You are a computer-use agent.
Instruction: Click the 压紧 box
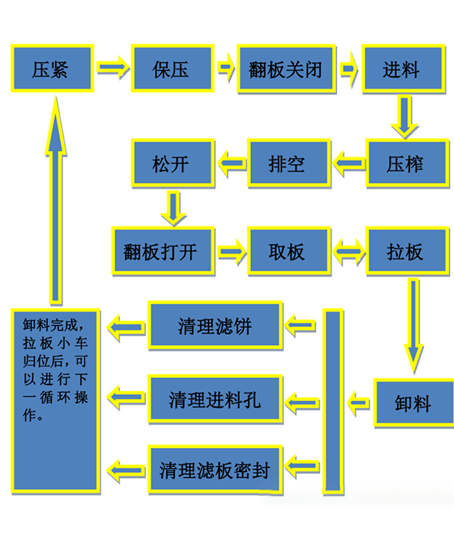point(52,68)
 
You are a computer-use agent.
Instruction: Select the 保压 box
point(172,68)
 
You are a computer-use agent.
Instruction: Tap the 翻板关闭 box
point(285,68)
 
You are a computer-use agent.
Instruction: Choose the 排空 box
point(287,163)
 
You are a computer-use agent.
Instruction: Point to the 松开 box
point(172,163)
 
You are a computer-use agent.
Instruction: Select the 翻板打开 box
point(162,251)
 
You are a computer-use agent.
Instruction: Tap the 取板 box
point(287,251)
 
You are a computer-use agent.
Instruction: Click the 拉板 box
point(406,251)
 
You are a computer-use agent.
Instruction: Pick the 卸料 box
point(413,403)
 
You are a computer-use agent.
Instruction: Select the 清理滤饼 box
point(215,325)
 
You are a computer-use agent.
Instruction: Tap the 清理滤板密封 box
point(215,469)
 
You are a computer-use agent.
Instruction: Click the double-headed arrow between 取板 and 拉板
point(348,251)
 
